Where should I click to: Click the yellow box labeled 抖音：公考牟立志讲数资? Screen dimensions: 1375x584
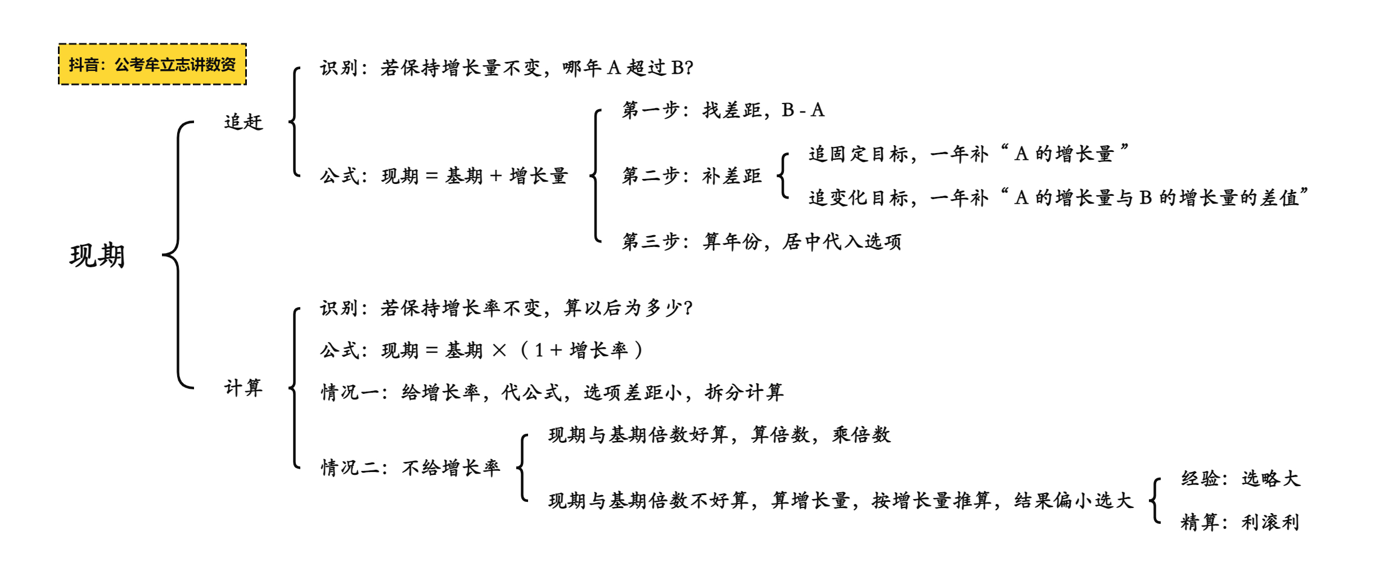[x=152, y=64]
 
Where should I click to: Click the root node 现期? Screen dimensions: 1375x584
[x=97, y=256]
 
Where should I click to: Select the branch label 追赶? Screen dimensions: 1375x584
[x=244, y=122]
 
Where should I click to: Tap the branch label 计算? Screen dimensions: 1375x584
[x=244, y=388]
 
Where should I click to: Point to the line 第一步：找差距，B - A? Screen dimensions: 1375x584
[x=723, y=110]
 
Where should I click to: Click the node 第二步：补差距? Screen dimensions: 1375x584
[x=692, y=176]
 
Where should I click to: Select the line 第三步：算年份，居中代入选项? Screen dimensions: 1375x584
[x=762, y=242]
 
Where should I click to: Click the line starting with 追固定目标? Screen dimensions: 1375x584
[x=969, y=154]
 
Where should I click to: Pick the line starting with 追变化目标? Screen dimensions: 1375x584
[x=1059, y=197]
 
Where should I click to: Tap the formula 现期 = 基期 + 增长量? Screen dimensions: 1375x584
[x=444, y=176]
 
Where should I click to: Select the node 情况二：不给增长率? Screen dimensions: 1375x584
[x=411, y=468]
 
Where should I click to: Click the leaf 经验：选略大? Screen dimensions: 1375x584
[x=1241, y=479]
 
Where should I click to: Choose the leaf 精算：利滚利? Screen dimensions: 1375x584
[x=1241, y=523]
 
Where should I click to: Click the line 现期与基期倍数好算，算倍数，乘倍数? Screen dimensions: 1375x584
[x=720, y=435]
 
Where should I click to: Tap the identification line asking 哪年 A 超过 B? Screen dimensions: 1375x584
[x=507, y=68]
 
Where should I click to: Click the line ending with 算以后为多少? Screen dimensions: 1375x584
[x=507, y=308]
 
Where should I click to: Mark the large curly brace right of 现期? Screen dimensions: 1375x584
[x=178, y=255]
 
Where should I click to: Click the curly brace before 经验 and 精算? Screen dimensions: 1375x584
[x=1155, y=501]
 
